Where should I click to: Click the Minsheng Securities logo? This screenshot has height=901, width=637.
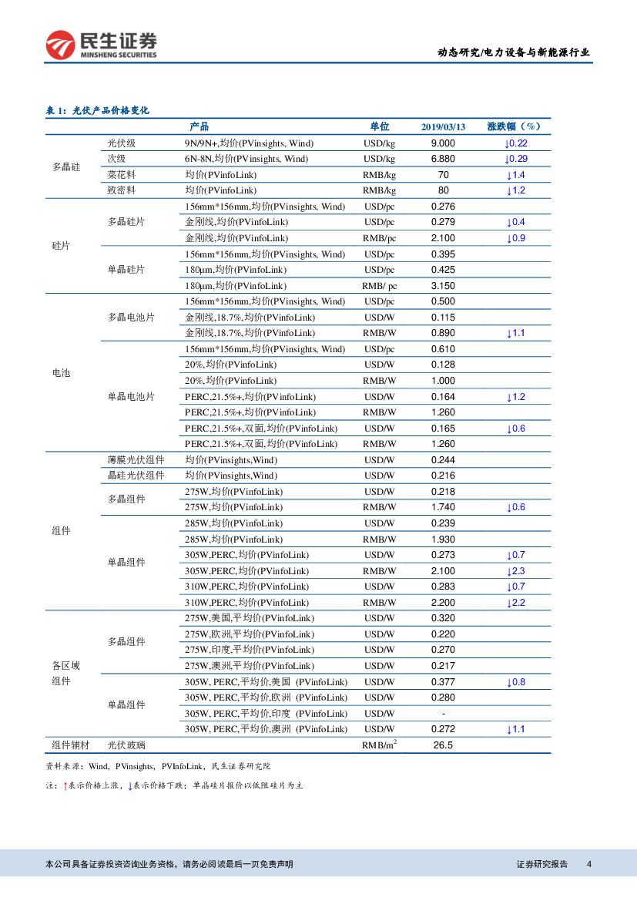click(101, 45)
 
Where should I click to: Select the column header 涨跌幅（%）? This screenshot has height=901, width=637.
click(515, 126)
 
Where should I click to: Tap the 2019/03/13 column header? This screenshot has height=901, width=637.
click(443, 127)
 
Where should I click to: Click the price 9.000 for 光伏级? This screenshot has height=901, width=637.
click(443, 143)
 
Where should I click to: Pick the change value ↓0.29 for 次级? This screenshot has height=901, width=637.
click(515, 159)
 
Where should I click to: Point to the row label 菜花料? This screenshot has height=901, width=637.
click(122, 175)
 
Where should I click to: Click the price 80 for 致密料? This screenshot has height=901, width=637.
click(443, 190)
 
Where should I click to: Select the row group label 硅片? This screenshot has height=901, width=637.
click(61, 246)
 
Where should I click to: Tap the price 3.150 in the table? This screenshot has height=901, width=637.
click(443, 286)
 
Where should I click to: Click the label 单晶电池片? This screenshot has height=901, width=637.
click(131, 396)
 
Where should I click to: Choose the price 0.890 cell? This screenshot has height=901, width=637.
click(443, 333)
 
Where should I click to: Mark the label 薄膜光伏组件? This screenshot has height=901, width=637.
click(136, 459)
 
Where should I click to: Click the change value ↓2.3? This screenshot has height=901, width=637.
click(515, 571)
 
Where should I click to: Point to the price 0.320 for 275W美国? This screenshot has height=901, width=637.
click(443, 618)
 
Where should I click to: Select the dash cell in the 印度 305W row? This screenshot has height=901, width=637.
click(443, 714)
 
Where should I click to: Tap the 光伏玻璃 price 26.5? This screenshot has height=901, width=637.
click(443, 745)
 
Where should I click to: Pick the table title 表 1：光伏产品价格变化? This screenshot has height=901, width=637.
click(98, 110)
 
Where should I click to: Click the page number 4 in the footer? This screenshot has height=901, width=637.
click(589, 864)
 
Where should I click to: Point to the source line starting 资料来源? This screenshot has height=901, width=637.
click(159, 766)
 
